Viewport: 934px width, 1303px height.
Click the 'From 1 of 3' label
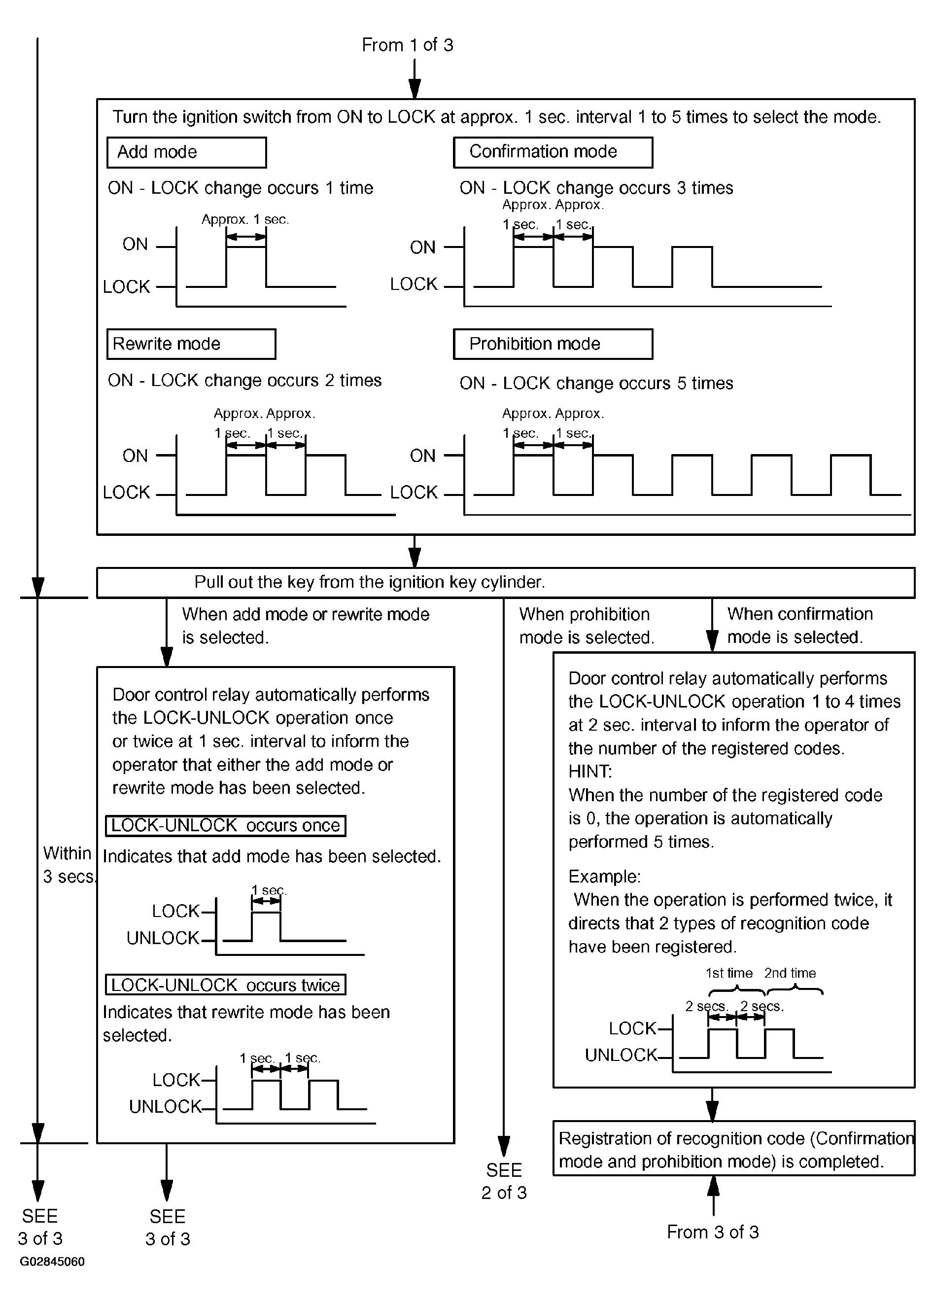pos(407,45)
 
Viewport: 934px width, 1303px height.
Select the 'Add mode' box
pos(187,152)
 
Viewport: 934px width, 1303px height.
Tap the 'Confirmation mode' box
pos(553,152)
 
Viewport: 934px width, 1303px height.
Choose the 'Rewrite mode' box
pos(191,344)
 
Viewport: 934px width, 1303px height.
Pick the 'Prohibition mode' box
pos(553,344)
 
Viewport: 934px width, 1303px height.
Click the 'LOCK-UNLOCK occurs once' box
pos(226,826)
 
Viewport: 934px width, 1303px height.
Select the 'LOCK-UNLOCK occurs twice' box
pos(226,985)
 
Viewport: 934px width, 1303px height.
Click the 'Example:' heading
pos(604,876)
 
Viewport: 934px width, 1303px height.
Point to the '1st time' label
pos(729,973)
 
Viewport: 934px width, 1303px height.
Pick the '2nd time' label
pos(790,973)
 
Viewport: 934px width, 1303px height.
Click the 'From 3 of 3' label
pos(713,1232)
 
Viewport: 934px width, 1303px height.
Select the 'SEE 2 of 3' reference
pos(504,1181)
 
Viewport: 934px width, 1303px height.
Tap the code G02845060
pos(52,1262)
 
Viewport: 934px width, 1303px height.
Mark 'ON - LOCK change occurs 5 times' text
pos(596,383)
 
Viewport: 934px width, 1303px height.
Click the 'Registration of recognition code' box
pos(733,1150)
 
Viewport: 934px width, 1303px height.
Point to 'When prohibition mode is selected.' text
pos(587,626)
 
